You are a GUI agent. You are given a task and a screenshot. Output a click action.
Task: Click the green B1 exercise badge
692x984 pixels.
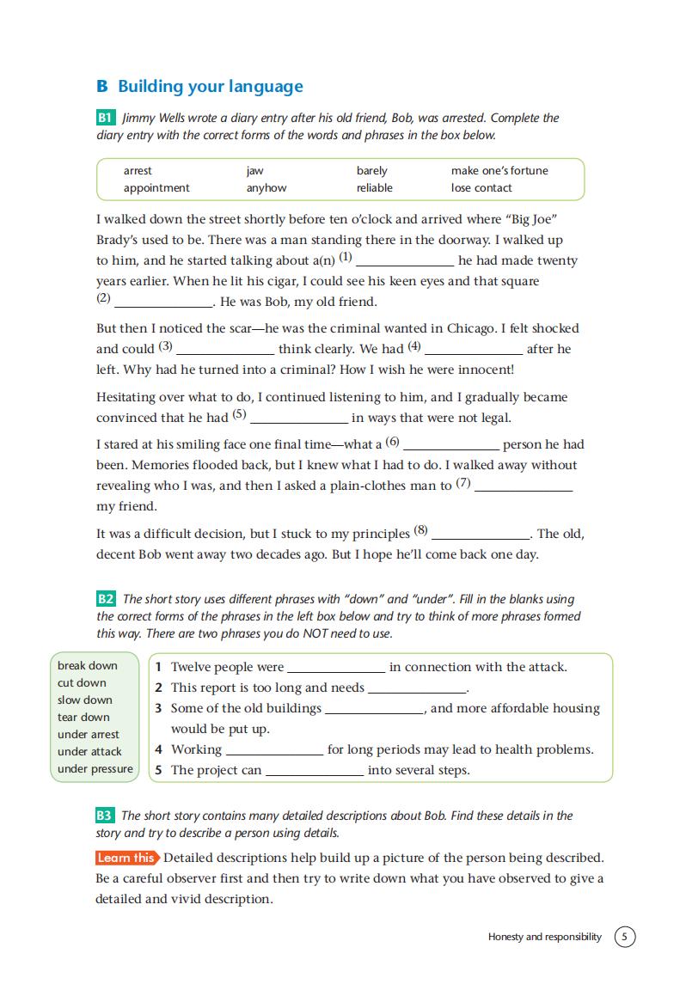point(106,118)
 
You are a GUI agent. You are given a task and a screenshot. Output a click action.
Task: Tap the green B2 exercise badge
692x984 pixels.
point(106,599)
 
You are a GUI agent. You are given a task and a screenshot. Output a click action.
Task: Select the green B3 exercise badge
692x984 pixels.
point(105,816)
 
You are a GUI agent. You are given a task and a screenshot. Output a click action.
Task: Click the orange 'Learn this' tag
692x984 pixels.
point(126,857)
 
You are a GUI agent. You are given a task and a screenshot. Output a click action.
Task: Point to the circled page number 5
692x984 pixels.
point(625,937)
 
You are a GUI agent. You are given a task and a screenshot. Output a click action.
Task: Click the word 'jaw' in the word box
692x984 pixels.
point(254,170)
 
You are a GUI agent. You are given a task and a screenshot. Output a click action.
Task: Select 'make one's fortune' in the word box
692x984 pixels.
point(499,170)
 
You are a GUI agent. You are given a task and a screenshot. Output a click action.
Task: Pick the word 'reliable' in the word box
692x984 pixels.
point(374,187)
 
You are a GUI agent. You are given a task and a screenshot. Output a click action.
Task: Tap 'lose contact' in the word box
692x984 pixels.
point(481,187)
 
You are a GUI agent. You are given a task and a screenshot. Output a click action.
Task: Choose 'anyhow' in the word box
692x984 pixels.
point(266,187)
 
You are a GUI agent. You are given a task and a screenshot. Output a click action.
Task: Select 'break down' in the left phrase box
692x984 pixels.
point(87,665)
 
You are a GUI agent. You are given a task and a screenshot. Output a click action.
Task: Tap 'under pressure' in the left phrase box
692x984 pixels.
point(95,768)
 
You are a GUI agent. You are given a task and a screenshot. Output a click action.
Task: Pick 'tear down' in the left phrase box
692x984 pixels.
point(83,717)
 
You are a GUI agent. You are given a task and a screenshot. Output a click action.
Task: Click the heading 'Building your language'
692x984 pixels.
point(210,86)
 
